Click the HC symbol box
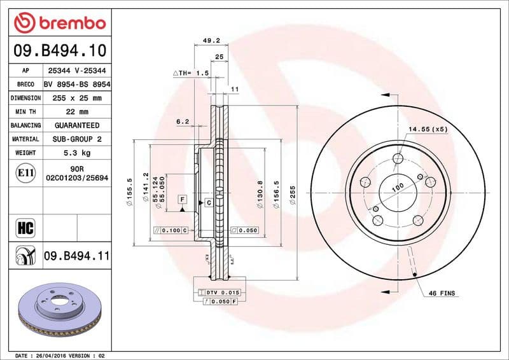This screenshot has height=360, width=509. click(x=27, y=227)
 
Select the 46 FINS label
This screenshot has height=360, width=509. click(x=443, y=294)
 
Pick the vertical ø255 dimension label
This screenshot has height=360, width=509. click(x=293, y=194)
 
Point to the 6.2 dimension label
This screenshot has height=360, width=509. click(x=183, y=121)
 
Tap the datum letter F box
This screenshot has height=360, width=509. click(x=182, y=200)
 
